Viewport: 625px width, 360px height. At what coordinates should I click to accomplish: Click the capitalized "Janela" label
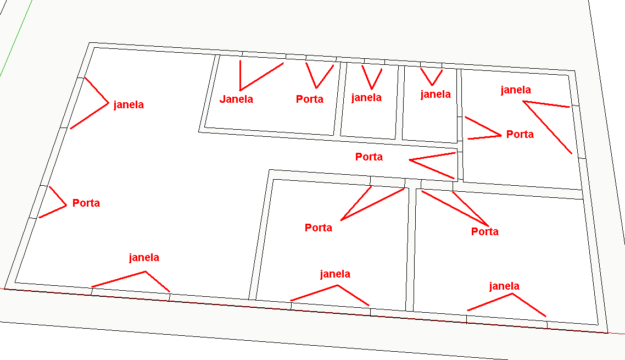pos(236,99)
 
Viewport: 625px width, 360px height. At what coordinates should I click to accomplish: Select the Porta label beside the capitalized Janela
pos(310,99)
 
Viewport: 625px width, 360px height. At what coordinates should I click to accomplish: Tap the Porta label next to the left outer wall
pos(86,203)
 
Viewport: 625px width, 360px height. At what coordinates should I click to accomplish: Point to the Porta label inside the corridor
pos(369,157)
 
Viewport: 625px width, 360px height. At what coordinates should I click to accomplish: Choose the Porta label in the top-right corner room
pos(520,134)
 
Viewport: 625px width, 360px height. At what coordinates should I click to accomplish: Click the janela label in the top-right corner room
pos(516,90)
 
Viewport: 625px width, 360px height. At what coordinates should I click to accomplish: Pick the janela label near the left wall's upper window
pos(129,105)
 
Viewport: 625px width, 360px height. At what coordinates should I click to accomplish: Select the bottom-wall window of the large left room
pos(131,291)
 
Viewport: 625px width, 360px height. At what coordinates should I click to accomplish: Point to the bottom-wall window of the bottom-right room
pos(506,320)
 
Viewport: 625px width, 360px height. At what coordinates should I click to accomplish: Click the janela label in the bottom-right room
pos(504,286)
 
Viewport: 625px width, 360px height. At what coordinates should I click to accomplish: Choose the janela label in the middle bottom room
pos(335,274)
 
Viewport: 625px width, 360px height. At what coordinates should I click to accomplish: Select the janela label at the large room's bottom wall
pos(144,257)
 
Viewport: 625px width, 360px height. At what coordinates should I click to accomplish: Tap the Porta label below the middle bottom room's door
pos(319,228)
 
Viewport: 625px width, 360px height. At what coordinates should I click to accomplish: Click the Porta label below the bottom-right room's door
pos(485,232)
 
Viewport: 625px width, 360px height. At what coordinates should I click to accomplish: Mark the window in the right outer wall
pos(577,131)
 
